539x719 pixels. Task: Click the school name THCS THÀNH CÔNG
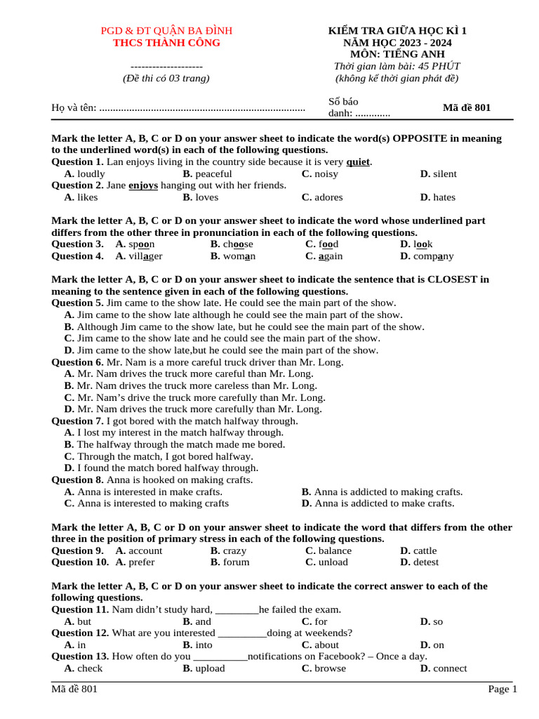point(166,43)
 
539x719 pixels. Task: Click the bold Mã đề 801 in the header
point(467,107)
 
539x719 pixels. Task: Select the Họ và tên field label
point(74,107)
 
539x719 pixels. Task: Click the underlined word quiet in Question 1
point(358,162)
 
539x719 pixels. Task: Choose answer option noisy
point(326,173)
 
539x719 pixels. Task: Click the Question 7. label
point(77,421)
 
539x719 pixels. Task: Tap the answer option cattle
point(425,551)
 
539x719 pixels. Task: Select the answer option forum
point(236,562)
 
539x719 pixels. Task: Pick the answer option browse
point(330,668)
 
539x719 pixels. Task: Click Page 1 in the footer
point(503,690)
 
